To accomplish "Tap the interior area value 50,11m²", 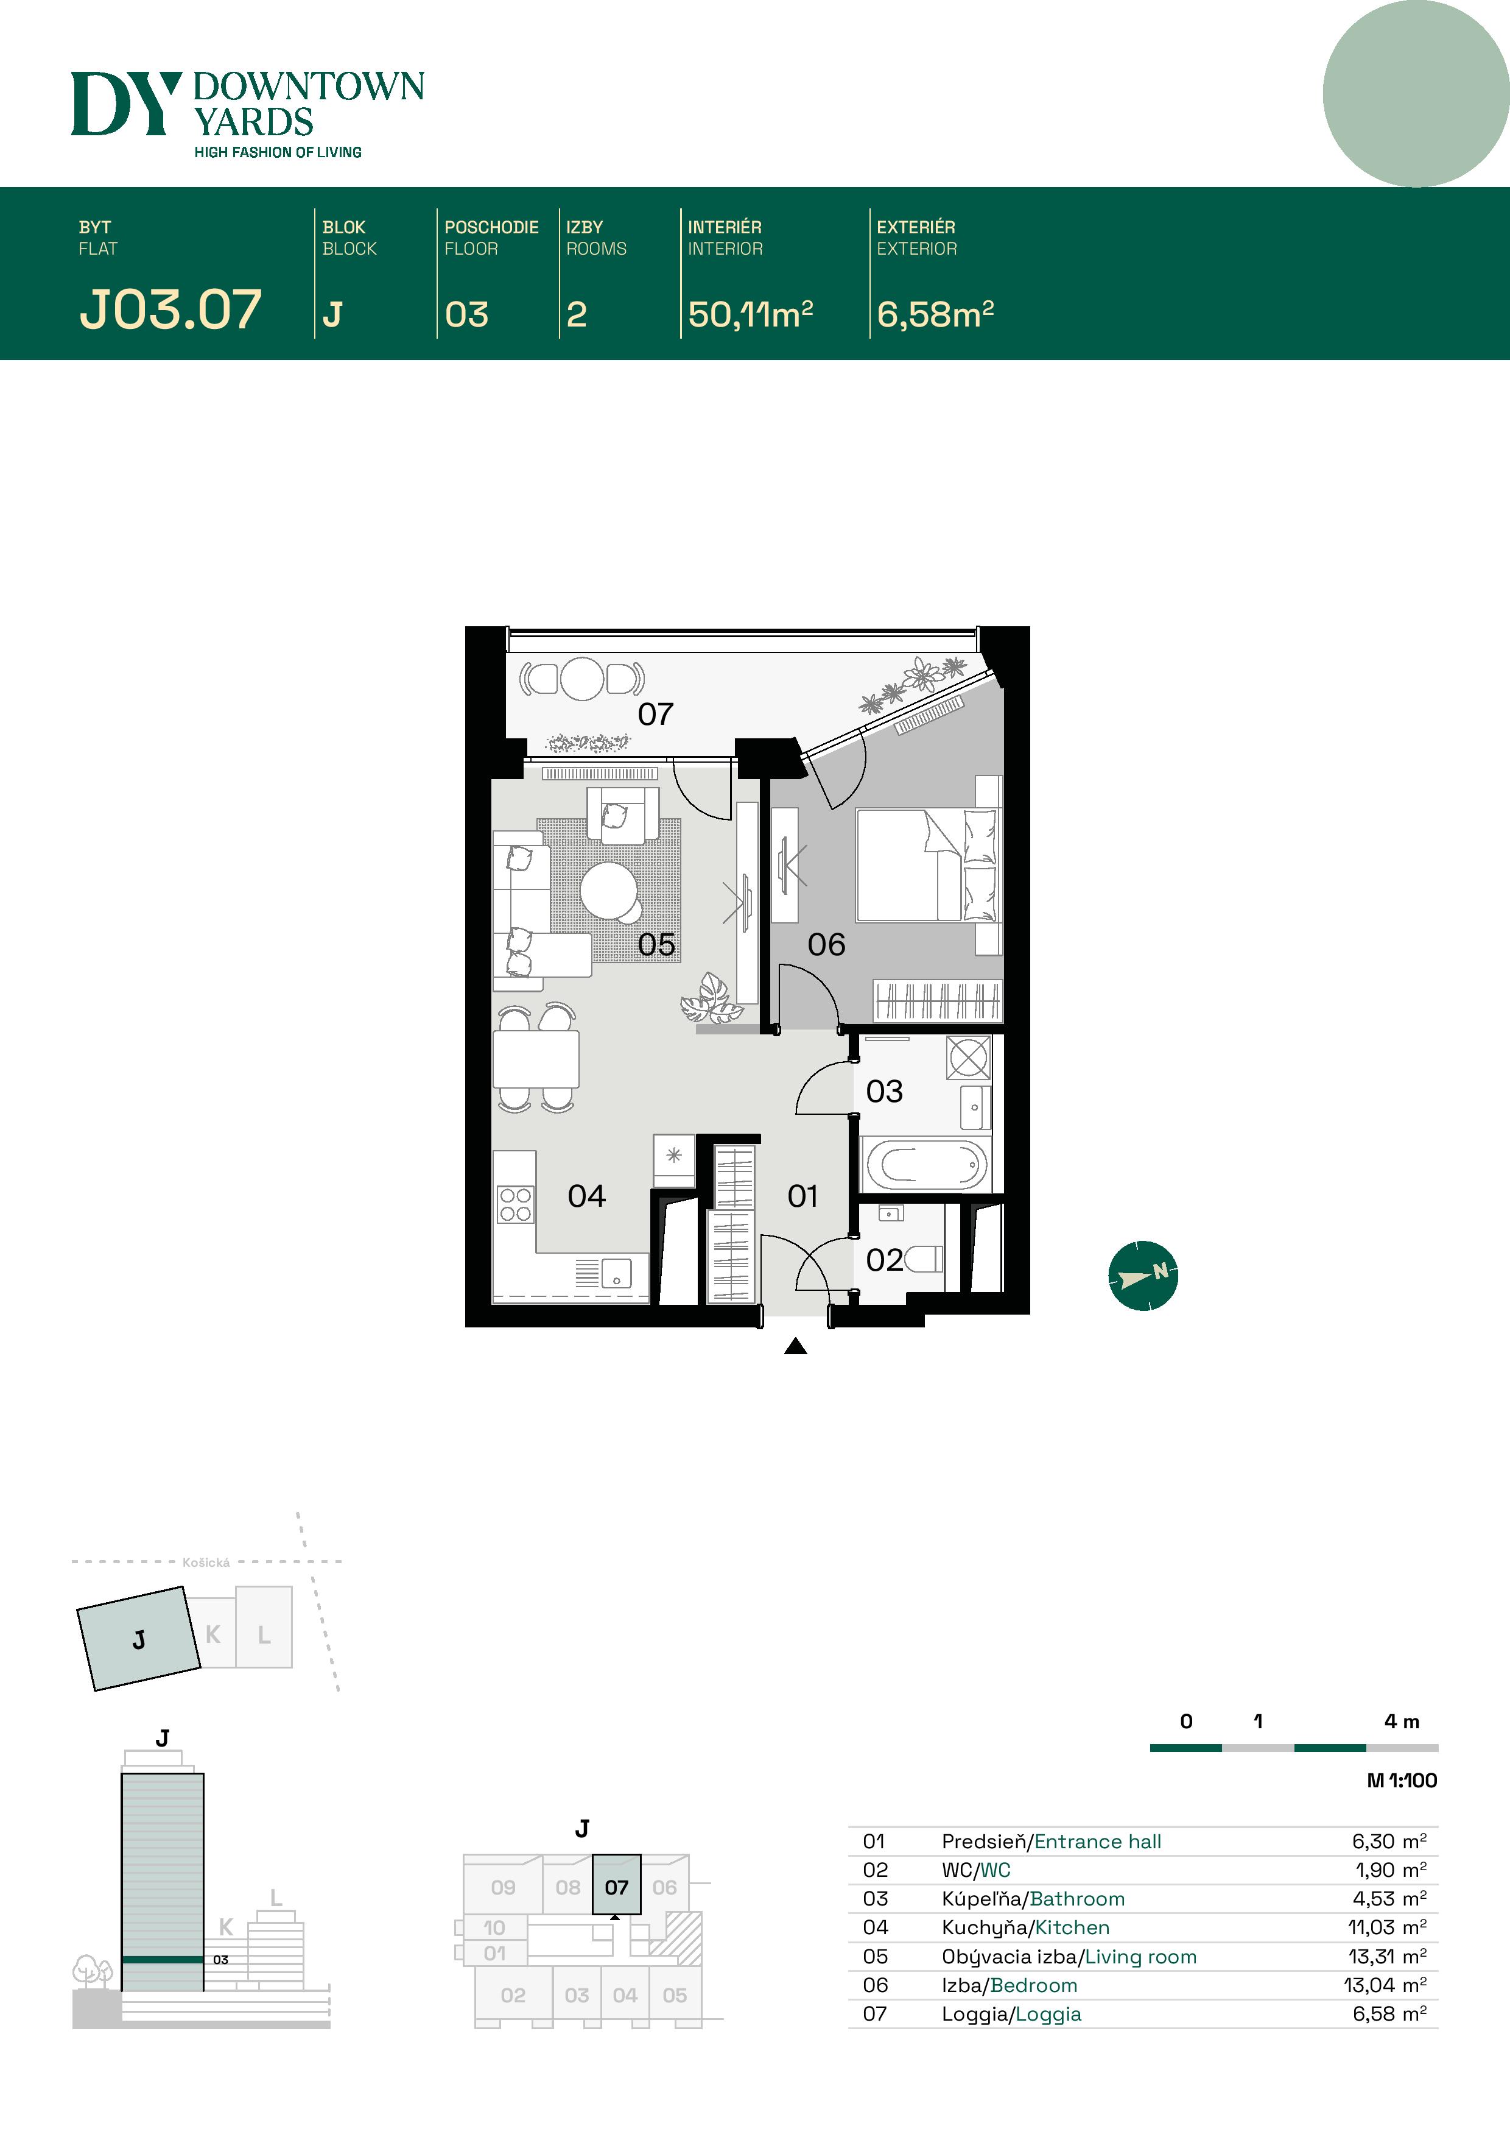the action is [750, 314].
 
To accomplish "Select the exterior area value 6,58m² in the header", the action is [935, 314].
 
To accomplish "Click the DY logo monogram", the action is [125, 104].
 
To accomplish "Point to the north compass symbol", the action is [1142, 1275].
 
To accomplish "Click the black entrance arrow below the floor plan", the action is [795, 1346].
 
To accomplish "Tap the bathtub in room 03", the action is [925, 1164].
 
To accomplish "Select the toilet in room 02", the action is [923, 1259].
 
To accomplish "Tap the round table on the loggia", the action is [581, 679].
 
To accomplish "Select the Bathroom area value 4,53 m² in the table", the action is [1388, 1899].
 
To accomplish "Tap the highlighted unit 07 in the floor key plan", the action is [616, 1887].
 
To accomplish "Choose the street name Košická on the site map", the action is [206, 1563].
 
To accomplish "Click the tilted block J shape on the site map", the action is [139, 1638].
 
